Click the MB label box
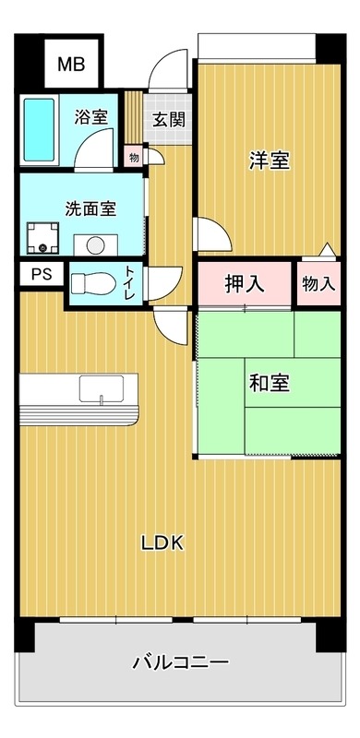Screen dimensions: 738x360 coord(73,65)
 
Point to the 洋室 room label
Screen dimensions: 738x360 coord(269,160)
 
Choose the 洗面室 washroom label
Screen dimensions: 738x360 coord(90,208)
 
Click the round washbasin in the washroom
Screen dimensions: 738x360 coord(95,244)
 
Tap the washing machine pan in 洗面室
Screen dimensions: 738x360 coord(42,239)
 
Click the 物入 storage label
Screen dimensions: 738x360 coord(318,284)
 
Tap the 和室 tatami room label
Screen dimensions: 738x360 coord(269,383)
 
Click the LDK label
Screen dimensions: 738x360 coord(162,543)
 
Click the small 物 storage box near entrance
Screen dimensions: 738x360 coord(134,158)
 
